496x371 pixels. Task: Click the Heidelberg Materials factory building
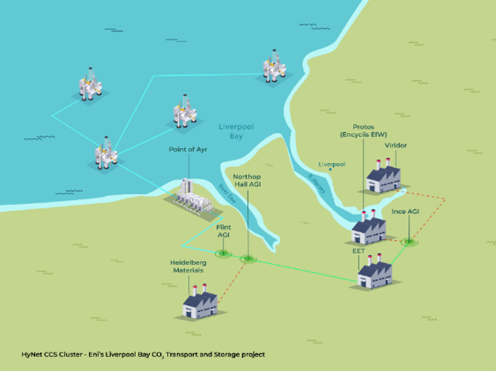click(199, 304)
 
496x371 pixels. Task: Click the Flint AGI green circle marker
click(223, 253)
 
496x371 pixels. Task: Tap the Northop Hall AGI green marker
click(247, 259)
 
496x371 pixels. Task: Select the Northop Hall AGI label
click(249, 180)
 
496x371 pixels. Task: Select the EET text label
click(357, 250)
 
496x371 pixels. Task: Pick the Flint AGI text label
click(224, 232)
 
